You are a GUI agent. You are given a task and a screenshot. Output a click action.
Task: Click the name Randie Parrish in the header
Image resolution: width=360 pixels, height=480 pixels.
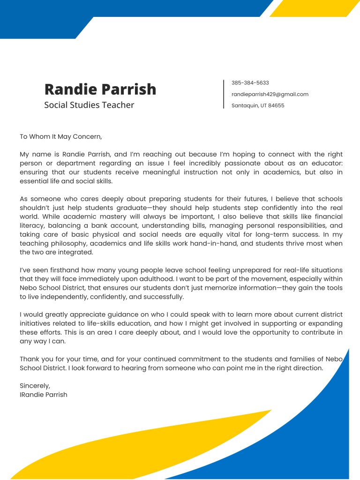pos(100,89)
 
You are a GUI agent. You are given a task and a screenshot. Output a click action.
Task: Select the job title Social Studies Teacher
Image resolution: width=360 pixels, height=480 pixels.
pos(89,105)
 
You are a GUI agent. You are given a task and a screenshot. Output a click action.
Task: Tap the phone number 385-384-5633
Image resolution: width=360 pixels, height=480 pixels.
pos(250,83)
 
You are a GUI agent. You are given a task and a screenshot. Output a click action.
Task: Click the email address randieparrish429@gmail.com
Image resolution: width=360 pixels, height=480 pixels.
pos(270,94)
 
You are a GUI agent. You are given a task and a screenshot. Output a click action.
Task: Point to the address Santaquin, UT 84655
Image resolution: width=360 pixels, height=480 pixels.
pos(257,105)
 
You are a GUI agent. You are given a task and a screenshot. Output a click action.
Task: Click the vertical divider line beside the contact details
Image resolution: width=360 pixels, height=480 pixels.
pos(224,94)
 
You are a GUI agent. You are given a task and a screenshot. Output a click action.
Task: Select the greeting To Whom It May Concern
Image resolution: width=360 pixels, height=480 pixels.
pos(60,137)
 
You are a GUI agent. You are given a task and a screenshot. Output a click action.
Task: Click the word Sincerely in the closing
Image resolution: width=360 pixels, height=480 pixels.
pos(35,386)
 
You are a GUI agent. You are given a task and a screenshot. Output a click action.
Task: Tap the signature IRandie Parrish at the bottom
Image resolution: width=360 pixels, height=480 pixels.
pos(44,395)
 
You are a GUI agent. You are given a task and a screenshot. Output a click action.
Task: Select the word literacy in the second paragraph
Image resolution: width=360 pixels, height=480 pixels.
pos(32,226)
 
